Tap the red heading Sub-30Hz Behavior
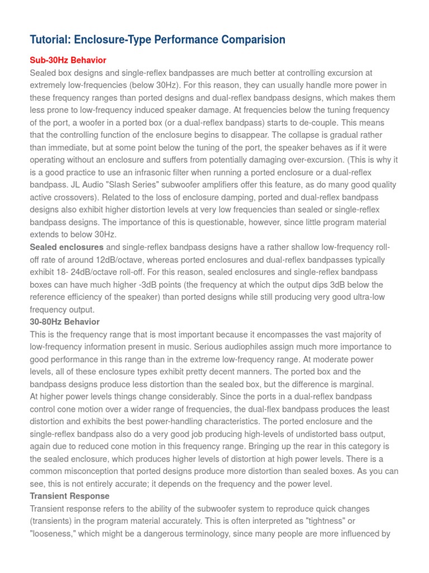(x=68, y=60)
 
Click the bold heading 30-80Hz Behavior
(x=64, y=322)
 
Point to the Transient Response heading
(x=69, y=496)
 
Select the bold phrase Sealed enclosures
(x=66, y=247)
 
